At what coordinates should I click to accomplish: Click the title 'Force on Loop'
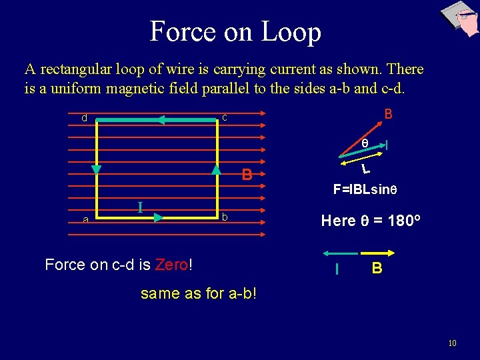pos(235,31)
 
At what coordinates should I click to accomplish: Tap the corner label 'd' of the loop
pos(84,118)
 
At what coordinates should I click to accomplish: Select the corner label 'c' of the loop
pos(225,117)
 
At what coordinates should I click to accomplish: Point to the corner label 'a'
pos(85,219)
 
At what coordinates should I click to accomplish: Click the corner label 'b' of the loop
pos(225,217)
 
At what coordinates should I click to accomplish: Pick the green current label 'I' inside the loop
pos(140,207)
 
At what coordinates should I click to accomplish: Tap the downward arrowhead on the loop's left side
pos(97,169)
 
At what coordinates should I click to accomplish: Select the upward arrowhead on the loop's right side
pos(216,169)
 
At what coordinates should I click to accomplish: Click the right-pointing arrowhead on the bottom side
pos(158,217)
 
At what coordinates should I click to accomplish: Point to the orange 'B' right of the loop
pos(247,175)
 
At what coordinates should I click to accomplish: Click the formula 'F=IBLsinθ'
pos(365,189)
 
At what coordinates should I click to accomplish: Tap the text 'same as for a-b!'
pos(198,293)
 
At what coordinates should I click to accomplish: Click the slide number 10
pos(452,343)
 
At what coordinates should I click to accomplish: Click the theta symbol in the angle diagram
pos(365,143)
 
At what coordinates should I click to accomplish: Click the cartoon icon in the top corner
pos(460,18)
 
